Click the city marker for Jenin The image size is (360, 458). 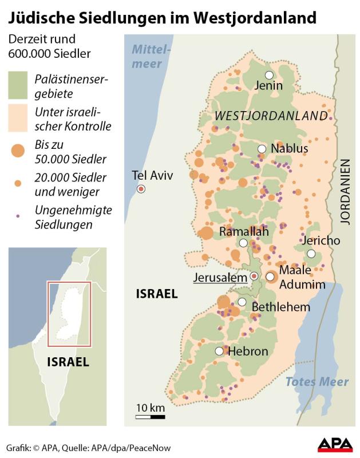[x=268, y=75]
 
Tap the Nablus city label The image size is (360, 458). [x=289, y=149]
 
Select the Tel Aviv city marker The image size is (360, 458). [x=140, y=189]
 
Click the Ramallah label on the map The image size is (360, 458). [x=244, y=232]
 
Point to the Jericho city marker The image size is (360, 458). [x=311, y=254]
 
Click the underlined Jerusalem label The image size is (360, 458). [x=220, y=278]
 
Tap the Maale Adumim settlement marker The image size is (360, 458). [x=270, y=277]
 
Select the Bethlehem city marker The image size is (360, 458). [x=242, y=302]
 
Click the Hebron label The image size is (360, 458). [x=248, y=351]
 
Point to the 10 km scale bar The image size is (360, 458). [x=150, y=416]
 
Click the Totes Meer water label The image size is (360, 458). [x=317, y=382]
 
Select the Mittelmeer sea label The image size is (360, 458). [x=151, y=56]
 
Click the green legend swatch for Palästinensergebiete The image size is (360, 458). [x=18, y=85]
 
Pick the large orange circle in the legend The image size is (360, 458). [x=18, y=151]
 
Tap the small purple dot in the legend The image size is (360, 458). [x=18, y=216]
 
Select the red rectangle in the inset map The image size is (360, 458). [x=69, y=313]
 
